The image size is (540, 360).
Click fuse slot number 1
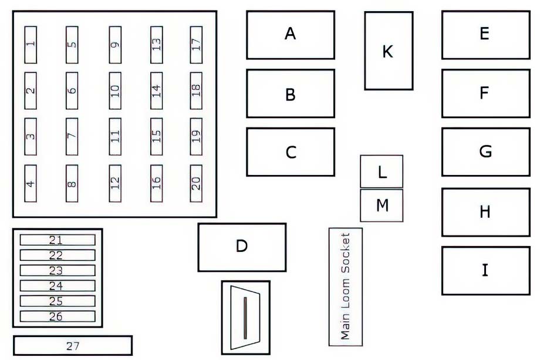point(31,45)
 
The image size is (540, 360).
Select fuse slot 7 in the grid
point(72,137)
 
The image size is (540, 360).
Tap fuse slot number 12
point(115,183)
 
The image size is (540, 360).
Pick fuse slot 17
point(196,45)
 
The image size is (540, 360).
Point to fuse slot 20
point(196,183)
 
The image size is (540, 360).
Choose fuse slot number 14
point(156,90)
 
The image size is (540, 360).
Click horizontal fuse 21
point(58,240)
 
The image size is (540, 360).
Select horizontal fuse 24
point(58,285)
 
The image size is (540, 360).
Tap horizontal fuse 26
point(58,317)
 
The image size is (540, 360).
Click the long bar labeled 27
point(73,345)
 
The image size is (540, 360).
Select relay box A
point(291,35)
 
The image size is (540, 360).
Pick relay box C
point(291,152)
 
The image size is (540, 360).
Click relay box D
point(242,247)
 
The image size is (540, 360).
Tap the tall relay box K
point(389,51)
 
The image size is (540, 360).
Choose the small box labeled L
point(382,171)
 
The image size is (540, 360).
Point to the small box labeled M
point(382,206)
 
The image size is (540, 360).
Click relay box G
point(486,152)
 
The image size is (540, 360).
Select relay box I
point(486,270)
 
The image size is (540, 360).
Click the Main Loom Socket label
point(345,287)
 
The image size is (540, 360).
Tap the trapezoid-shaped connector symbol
point(245,318)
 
